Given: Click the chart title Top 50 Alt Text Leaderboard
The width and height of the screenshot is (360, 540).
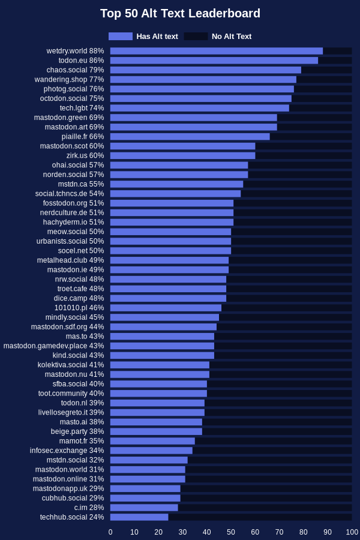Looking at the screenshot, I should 180,14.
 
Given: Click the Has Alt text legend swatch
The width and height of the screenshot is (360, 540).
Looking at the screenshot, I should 121,36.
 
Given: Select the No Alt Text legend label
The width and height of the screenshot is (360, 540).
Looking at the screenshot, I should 232,37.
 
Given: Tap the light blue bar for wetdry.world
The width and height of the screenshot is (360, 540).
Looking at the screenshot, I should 216,51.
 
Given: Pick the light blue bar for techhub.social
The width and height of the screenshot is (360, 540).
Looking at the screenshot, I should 139,517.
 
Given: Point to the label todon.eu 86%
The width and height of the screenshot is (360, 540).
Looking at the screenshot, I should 81,61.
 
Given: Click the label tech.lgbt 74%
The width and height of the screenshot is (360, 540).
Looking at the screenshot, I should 82,108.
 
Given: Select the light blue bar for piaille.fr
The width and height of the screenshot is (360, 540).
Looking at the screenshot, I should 190,137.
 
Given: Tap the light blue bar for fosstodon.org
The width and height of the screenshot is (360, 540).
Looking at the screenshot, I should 172,203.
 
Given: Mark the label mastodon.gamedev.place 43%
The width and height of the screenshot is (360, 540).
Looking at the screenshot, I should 53,346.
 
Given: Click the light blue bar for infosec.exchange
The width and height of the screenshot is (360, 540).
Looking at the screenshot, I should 151,451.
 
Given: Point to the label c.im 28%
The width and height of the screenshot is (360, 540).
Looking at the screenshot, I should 89,508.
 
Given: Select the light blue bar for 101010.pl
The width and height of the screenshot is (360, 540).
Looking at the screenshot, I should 166,308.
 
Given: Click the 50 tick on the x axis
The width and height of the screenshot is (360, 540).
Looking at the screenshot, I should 231,532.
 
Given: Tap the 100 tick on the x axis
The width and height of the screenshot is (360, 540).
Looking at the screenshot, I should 352,532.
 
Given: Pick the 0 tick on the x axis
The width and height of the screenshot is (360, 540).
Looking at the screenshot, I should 110,532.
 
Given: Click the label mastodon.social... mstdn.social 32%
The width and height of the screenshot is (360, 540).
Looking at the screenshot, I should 75,460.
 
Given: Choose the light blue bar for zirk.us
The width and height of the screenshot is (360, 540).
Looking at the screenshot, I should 182,155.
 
